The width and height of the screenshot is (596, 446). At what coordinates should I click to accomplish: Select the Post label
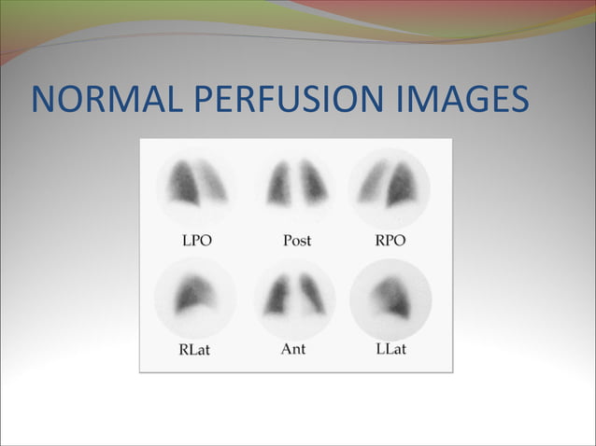click(x=297, y=241)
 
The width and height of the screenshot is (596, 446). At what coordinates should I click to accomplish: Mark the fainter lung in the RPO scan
click(x=374, y=183)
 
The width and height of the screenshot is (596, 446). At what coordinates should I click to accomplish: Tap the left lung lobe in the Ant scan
click(x=277, y=298)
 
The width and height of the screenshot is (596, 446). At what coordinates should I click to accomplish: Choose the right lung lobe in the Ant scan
click(x=313, y=296)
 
